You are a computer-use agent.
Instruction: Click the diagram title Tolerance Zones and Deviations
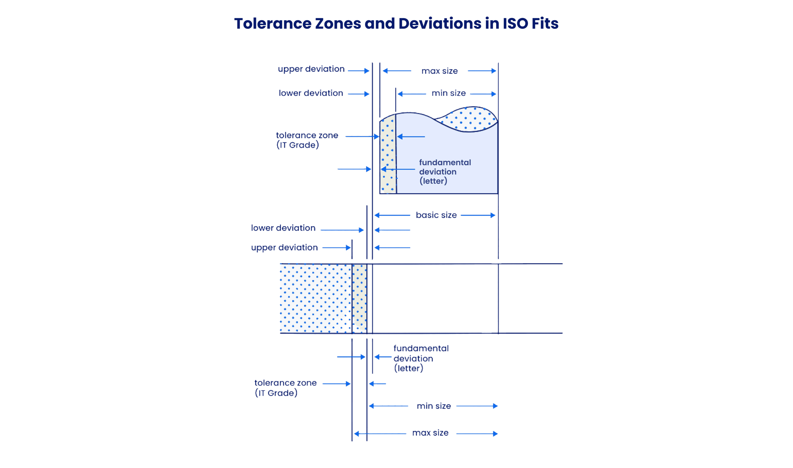point(396,24)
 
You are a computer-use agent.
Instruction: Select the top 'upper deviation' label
point(311,69)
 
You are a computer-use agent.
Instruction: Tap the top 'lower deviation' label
point(311,93)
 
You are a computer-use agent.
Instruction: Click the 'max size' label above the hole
point(440,71)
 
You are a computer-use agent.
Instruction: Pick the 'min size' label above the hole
point(449,93)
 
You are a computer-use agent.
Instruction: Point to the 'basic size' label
point(436,215)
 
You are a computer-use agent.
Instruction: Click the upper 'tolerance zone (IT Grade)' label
point(307,140)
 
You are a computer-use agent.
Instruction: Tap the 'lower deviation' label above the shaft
point(283,228)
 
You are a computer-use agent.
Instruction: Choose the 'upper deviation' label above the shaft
point(284,248)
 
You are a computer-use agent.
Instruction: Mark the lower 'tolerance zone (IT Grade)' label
point(285,388)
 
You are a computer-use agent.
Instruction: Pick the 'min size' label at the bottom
point(434,406)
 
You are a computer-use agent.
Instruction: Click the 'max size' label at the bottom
point(431,433)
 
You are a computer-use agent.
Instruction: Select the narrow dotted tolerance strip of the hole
point(388,154)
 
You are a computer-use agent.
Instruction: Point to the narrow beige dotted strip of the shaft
point(359,298)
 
